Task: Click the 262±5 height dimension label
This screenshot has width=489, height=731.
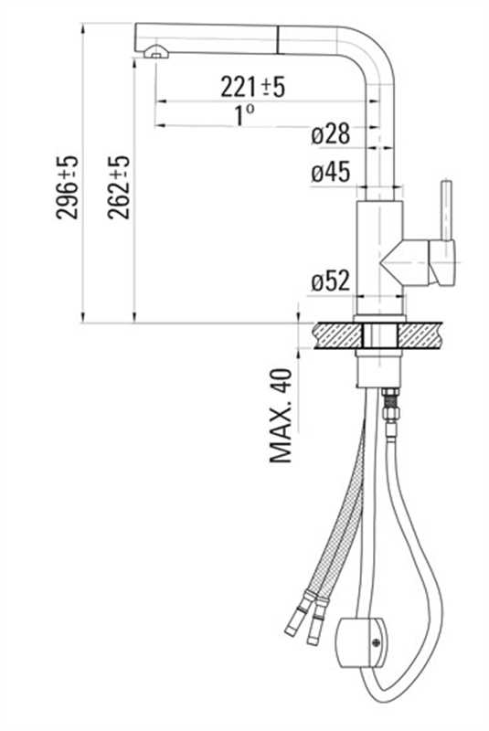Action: tap(119, 186)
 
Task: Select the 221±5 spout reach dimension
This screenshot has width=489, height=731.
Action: tap(253, 87)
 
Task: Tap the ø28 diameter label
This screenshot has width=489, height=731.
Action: tap(330, 134)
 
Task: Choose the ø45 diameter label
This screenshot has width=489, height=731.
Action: tap(330, 173)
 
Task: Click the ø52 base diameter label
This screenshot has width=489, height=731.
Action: tap(330, 282)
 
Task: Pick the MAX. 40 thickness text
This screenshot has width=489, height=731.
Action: tap(282, 416)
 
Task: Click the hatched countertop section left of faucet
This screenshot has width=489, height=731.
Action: tap(336, 334)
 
